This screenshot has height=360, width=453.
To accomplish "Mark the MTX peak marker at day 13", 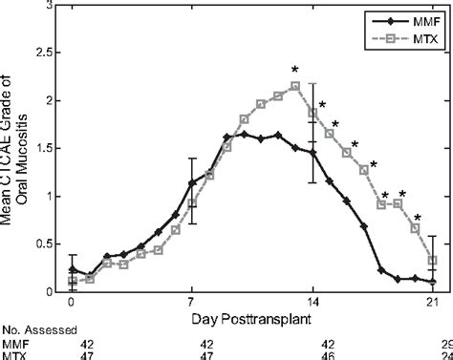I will (295, 86).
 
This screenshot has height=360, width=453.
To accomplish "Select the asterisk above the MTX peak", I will (295, 71).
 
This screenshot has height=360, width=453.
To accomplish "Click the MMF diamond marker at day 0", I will (73, 269).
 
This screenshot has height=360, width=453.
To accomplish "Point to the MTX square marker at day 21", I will (433, 260).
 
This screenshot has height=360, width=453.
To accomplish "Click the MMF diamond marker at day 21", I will (433, 282).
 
